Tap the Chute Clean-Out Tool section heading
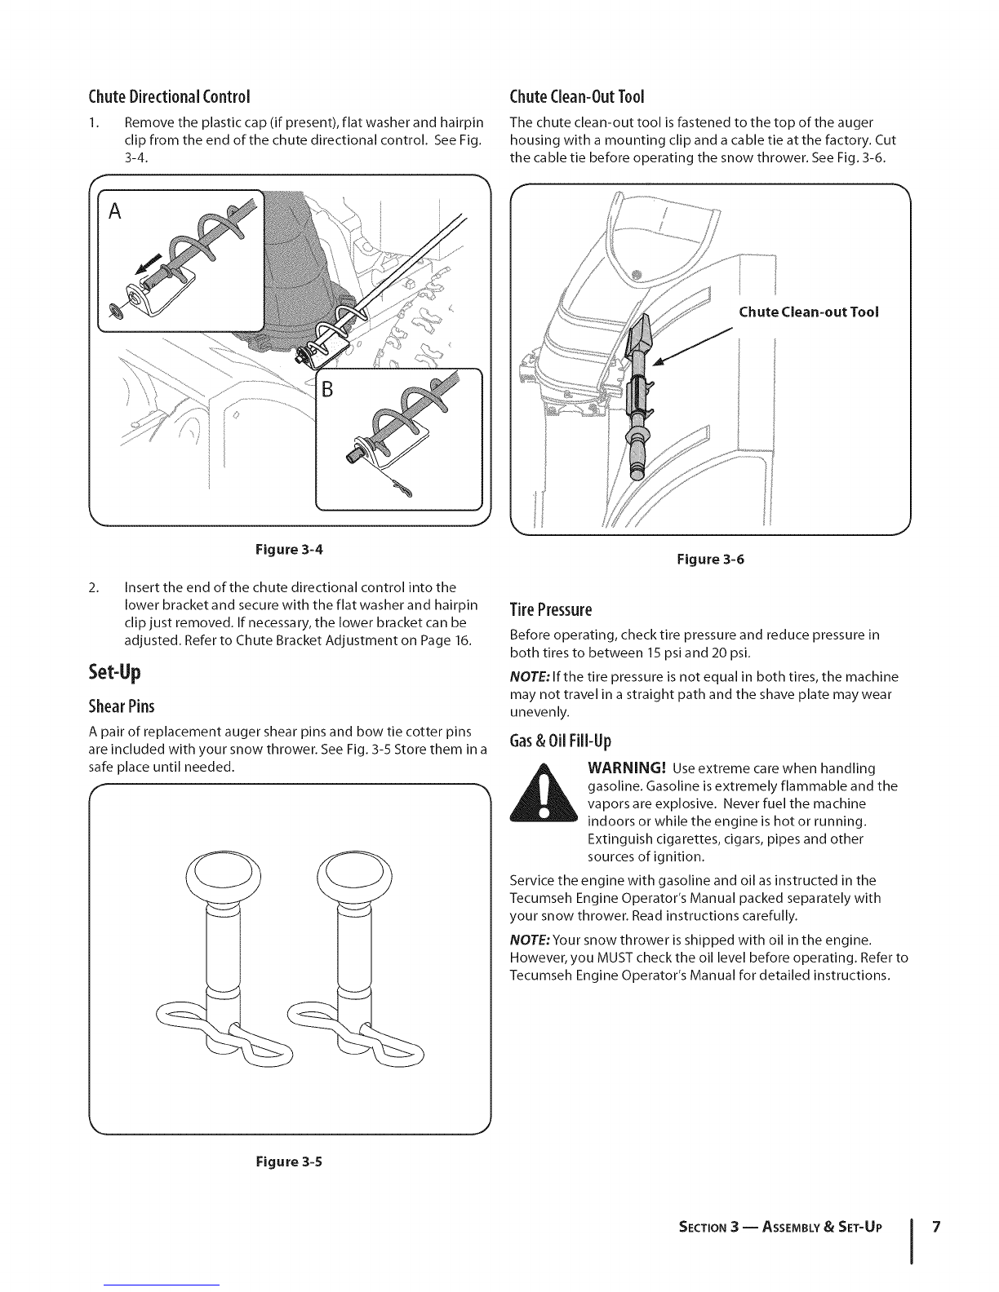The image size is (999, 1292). click(577, 97)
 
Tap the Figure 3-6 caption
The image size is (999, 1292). click(711, 560)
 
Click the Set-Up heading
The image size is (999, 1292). click(114, 673)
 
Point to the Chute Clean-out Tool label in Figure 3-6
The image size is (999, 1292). click(808, 312)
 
